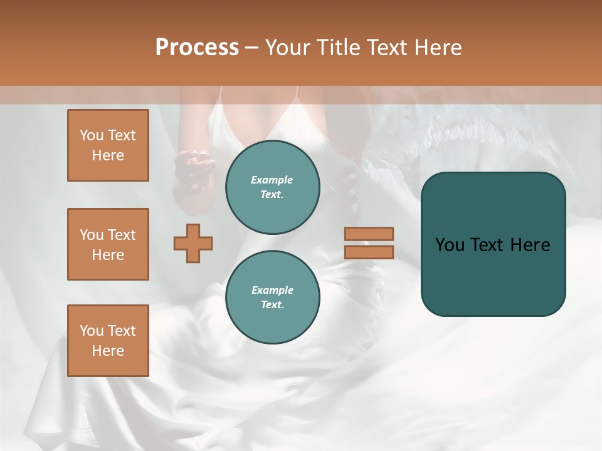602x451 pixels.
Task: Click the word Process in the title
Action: pyautogui.click(x=197, y=48)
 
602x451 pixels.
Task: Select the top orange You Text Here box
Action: pyautogui.click(x=108, y=145)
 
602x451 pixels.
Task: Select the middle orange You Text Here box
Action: pyautogui.click(x=108, y=244)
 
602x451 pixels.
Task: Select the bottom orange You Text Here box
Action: pyautogui.click(x=108, y=341)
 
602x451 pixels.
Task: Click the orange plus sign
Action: pyautogui.click(x=193, y=243)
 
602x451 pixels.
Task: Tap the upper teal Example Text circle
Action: pyautogui.click(x=272, y=187)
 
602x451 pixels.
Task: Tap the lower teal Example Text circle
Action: pyautogui.click(x=272, y=297)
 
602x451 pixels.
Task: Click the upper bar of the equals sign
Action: pyautogui.click(x=369, y=234)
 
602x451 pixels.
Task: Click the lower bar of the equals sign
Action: pyautogui.click(x=369, y=252)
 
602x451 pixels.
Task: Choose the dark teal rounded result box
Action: pyautogui.click(x=493, y=244)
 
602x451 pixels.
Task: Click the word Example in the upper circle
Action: pyautogui.click(x=272, y=180)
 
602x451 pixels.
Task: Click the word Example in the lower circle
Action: pyautogui.click(x=272, y=290)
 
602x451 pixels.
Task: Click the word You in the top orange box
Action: pyautogui.click(x=92, y=135)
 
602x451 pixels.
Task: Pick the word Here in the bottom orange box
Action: pyautogui.click(x=108, y=351)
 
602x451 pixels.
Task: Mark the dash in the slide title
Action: pyautogui.click(x=252, y=48)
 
